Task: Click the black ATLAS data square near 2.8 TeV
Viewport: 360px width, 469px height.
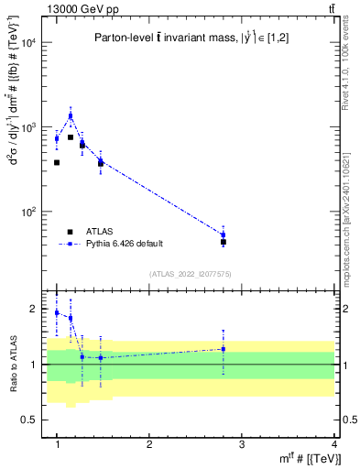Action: [x=224, y=243]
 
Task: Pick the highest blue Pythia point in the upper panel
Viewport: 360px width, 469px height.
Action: [x=71, y=115]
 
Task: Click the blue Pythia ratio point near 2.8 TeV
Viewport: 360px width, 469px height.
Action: [x=224, y=349]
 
